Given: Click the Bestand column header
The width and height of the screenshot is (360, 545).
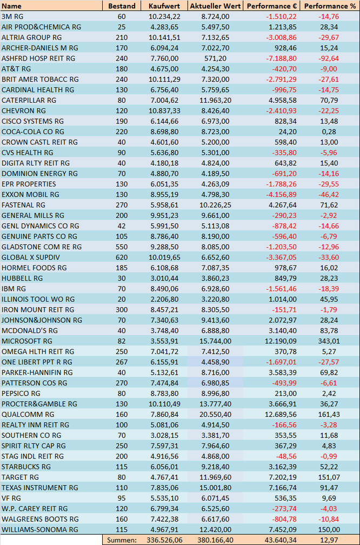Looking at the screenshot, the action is coord(122,6).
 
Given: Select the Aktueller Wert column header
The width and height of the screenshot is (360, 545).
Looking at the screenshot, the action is coord(216,6).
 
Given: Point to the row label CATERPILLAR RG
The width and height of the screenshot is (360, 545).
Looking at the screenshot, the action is coord(29,101).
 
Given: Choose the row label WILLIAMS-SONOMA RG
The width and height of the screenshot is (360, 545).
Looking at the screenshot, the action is coord(39,530).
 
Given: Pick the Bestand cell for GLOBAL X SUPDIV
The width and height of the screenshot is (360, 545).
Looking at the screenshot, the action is coord(122,257).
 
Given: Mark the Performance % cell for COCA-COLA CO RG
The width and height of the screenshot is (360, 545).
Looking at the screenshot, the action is coord(329,132).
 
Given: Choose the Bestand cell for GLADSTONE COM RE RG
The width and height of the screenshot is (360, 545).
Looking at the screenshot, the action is coord(122,247).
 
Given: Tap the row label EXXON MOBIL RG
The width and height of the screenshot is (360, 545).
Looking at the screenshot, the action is coord(30,195).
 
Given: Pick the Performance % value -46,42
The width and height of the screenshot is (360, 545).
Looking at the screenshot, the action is coord(329,195).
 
